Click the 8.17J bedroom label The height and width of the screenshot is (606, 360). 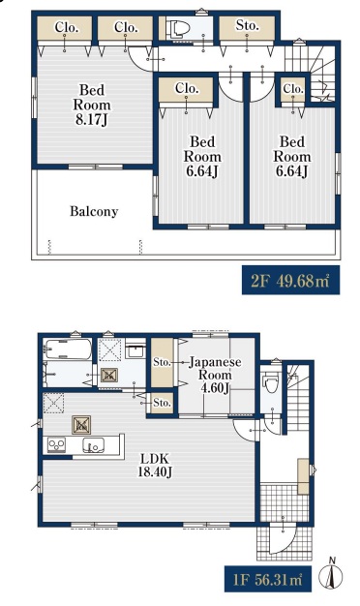click(x=92, y=105)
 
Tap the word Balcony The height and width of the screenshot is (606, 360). click(x=94, y=211)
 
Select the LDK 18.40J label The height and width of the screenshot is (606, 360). click(x=155, y=465)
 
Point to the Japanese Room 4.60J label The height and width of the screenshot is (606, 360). click(x=215, y=375)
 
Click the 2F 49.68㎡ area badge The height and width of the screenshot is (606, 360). click(x=291, y=280)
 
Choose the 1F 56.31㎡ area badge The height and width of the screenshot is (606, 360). click(x=268, y=579)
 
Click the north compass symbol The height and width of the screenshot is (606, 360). click(x=331, y=574)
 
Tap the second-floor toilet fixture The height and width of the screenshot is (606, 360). click(x=178, y=28)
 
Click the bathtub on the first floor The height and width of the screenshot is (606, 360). click(x=68, y=349)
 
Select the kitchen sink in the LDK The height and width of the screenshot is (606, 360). click(x=93, y=445)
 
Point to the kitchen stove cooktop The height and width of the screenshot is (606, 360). click(x=56, y=445)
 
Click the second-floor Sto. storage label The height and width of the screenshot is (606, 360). click(x=247, y=25)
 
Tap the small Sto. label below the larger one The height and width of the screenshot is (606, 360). click(x=162, y=403)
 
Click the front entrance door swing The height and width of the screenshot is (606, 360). click(x=283, y=538)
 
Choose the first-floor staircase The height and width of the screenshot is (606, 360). click(x=298, y=398)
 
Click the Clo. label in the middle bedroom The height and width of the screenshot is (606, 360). click(x=186, y=88)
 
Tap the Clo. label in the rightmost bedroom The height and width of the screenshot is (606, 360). click(x=293, y=89)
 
